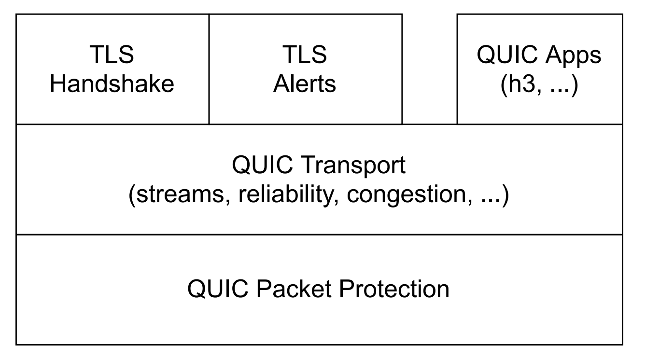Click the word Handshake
coord(112,84)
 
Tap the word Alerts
coord(305,84)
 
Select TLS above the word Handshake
coord(112,55)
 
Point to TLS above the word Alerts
coord(305,55)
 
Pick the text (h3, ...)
coord(539,84)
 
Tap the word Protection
coord(394,289)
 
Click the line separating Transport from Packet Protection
coord(319,235)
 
